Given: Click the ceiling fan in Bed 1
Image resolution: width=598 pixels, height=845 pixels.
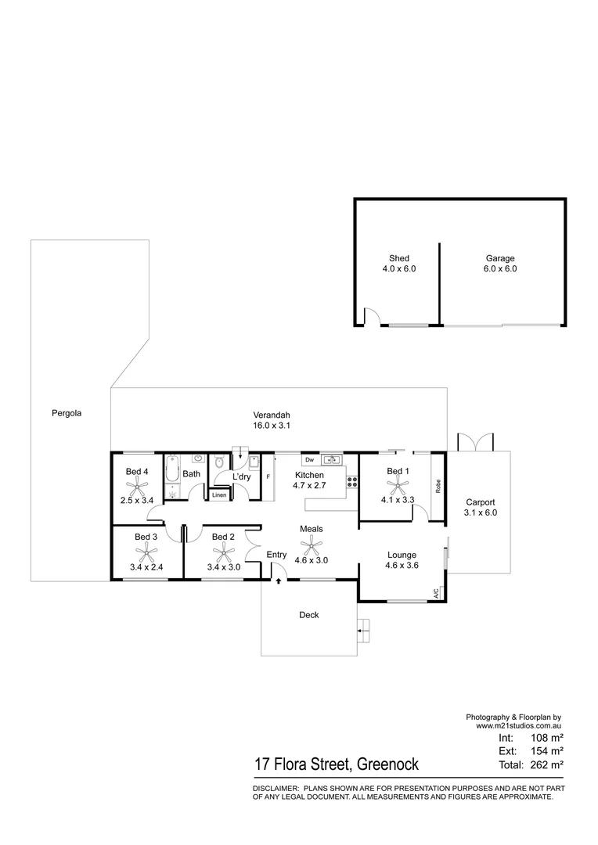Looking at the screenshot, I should [398, 485].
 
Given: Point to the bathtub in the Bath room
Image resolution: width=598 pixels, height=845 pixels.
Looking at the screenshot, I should [171, 473].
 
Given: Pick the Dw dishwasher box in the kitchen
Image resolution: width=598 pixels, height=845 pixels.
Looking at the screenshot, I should [309, 459].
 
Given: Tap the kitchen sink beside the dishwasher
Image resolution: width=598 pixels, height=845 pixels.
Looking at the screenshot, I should [332, 459].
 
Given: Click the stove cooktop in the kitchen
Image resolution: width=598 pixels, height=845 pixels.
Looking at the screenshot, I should [352, 482].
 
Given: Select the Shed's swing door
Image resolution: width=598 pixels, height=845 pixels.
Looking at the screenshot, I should [373, 317].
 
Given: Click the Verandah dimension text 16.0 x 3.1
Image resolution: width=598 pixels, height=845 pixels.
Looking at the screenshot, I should [272, 426].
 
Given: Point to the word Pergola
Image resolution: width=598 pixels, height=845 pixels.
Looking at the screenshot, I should [67, 412].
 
